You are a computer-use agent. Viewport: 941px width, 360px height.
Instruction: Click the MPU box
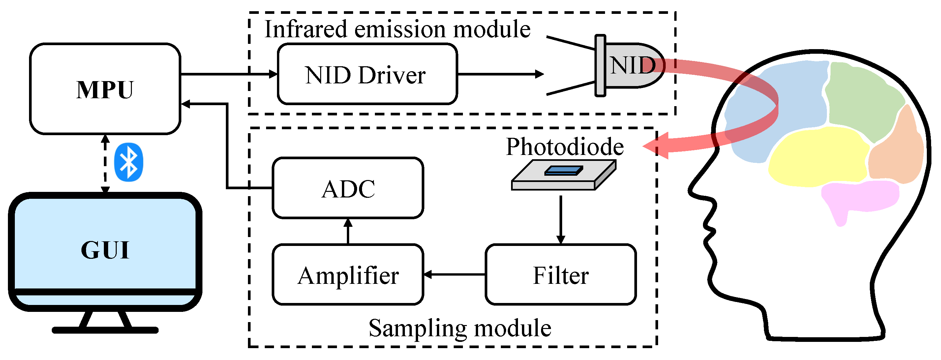click(x=105, y=89)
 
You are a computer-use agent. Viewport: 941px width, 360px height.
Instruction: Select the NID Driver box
click(x=367, y=74)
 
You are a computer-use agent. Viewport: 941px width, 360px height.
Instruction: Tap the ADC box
click(x=348, y=188)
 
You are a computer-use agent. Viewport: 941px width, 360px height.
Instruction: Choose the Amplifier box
click(x=348, y=274)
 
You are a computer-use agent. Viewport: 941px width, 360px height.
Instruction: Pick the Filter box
click(x=561, y=274)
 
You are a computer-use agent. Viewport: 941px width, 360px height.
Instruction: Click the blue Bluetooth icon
click(x=129, y=162)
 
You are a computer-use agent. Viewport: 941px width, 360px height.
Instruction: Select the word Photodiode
click(x=565, y=147)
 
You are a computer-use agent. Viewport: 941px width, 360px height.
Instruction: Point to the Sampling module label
click(x=460, y=328)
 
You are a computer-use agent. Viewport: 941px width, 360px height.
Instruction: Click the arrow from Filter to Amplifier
click(x=454, y=274)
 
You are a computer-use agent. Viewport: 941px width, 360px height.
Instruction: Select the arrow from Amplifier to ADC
click(x=348, y=231)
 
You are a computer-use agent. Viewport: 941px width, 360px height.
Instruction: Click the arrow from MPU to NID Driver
click(x=229, y=74)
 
